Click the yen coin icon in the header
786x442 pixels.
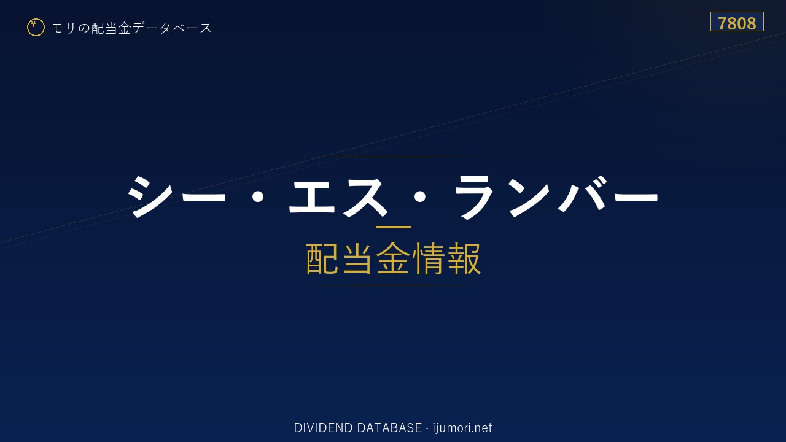[x=36, y=28]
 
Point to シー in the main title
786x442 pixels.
[x=176, y=196]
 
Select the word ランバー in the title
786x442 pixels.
[x=556, y=196]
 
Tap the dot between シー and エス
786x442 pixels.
[x=258, y=197]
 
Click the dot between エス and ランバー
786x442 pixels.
[x=420, y=197]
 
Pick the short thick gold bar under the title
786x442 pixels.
[x=393, y=227]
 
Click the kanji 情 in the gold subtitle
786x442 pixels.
[x=429, y=259]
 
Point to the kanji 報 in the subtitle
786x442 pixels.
[x=464, y=259]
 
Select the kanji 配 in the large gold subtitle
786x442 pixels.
[x=322, y=259]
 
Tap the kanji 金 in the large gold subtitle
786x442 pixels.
[x=393, y=259]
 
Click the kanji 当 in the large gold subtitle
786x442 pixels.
[x=357, y=259]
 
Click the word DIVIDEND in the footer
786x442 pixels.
[x=323, y=428]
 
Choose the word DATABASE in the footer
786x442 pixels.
[x=389, y=428]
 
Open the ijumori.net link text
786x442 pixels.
[x=462, y=428]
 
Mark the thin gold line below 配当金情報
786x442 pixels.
[x=393, y=285]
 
